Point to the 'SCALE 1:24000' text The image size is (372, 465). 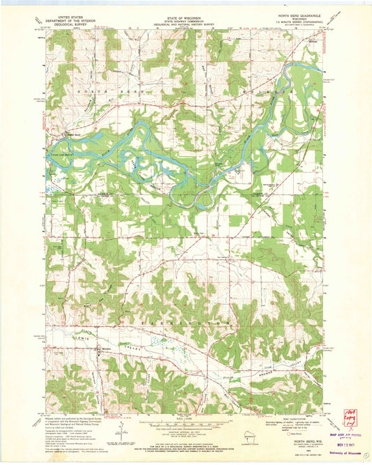point(185,420)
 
